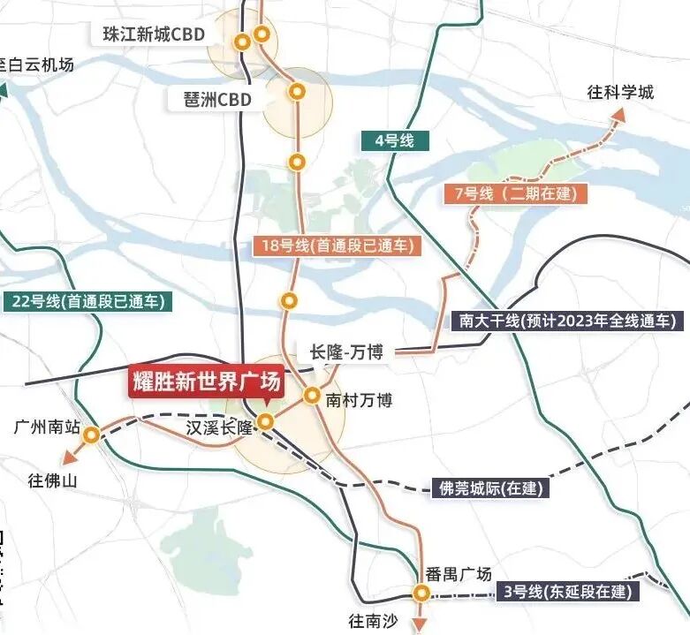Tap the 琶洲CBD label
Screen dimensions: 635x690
click(x=213, y=99)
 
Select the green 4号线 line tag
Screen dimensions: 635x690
click(x=388, y=140)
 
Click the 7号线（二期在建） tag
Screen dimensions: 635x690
click(x=512, y=193)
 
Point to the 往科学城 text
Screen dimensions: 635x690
click(x=621, y=92)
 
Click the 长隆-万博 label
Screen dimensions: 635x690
click(x=346, y=352)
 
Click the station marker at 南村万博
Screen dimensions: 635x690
click(x=312, y=396)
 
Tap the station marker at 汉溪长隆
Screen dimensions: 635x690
click(x=264, y=420)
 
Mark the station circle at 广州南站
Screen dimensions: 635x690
click(x=91, y=434)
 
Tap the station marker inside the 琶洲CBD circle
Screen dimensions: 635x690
click(x=297, y=90)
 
